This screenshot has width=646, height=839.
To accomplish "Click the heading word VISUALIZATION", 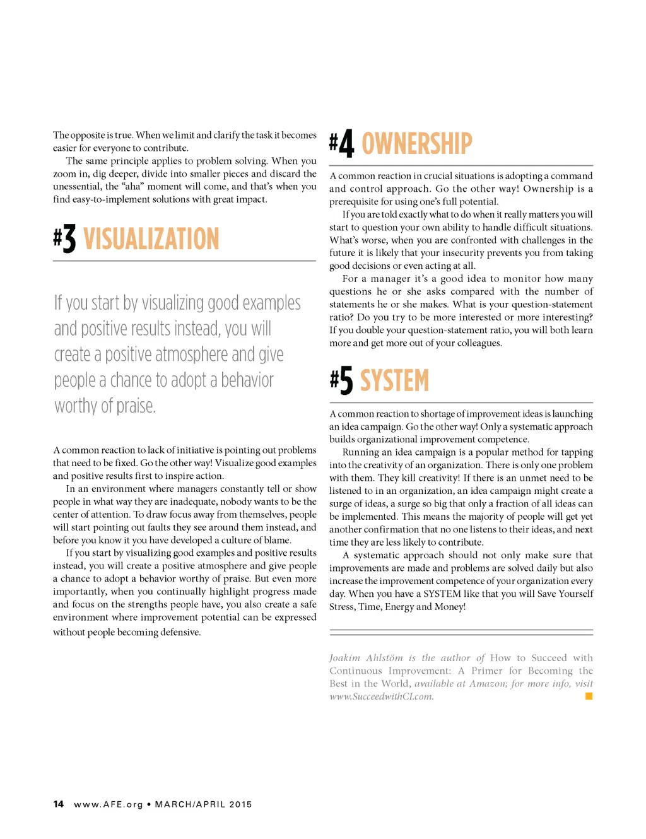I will point(151,240).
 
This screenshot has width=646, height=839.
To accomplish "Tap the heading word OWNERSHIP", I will point(416,144).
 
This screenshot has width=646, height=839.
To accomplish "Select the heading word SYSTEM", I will point(394,381).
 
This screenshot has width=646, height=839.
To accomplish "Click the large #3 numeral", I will point(65,240).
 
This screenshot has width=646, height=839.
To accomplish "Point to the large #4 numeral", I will point(342,144).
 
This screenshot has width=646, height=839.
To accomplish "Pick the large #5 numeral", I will point(342,381).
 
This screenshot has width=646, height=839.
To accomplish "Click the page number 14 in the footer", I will point(59,804).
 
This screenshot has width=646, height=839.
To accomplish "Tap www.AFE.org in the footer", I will point(109,804).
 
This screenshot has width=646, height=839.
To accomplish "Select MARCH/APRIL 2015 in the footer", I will point(203,804).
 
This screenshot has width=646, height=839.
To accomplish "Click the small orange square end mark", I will point(589,696).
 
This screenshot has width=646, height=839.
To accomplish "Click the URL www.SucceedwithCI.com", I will point(381,697).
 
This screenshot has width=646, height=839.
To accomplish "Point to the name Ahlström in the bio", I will point(384,658).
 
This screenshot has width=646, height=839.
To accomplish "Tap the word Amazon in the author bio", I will point(488,684).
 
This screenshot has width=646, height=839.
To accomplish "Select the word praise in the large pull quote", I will point(136,406).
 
